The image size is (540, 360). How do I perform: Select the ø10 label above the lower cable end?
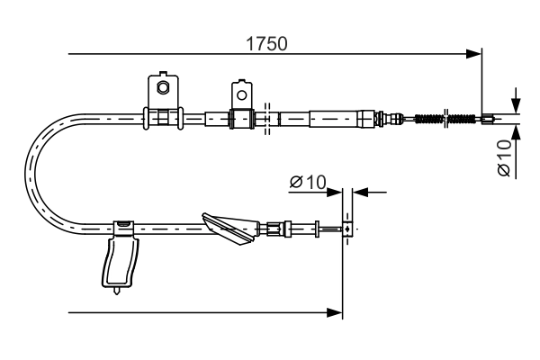307,183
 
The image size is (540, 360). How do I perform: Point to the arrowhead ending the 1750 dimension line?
474,55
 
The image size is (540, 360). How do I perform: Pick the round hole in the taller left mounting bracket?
163,87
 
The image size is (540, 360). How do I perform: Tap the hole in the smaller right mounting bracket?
240,93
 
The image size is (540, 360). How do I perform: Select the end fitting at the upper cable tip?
487,117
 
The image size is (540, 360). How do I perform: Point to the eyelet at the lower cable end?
345,229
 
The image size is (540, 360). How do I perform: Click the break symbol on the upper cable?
267,117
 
